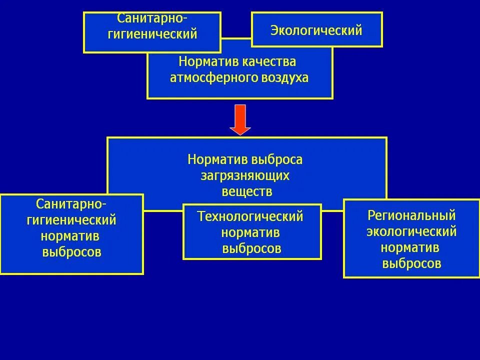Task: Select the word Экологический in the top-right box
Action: tap(316, 30)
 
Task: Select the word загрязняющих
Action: tap(245, 175)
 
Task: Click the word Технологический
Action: tap(250, 216)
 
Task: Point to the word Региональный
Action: tap(411, 215)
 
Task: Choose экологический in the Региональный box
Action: tap(411, 231)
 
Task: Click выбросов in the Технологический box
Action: tap(252, 248)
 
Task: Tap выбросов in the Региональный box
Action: tap(411, 263)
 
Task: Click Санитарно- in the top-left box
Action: tap(152, 18)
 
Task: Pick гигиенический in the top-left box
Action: tap(152, 34)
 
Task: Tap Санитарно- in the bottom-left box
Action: tap(71, 204)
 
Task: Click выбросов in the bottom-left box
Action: tap(72, 251)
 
